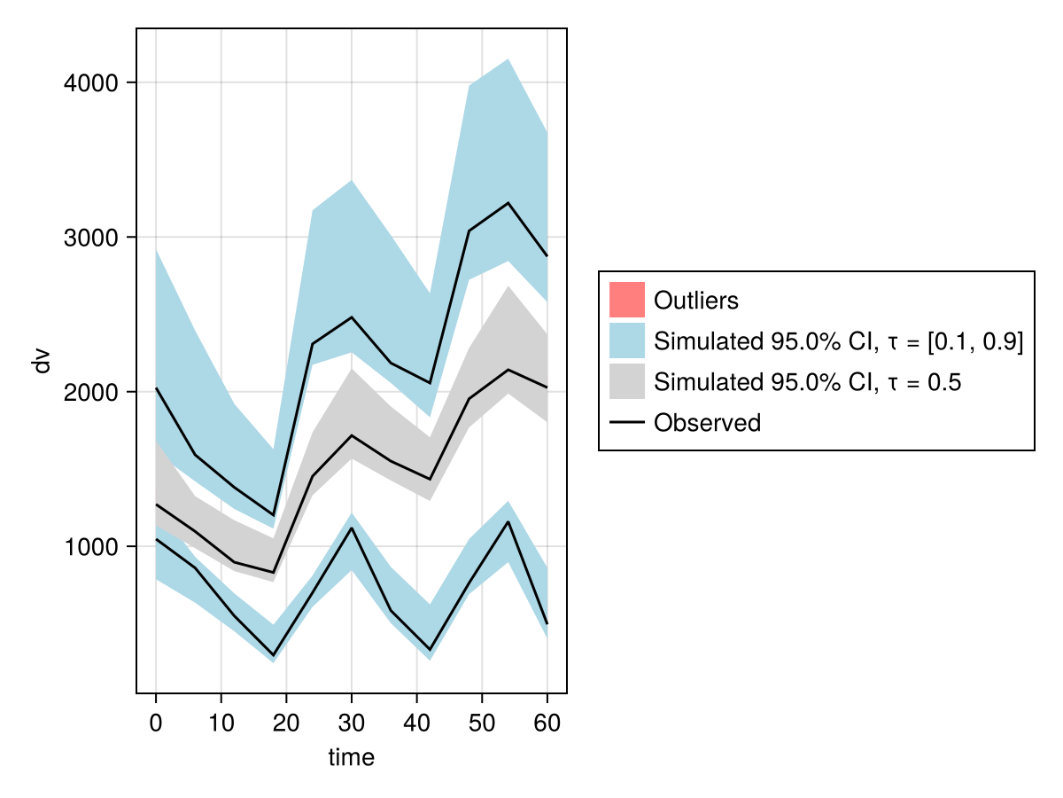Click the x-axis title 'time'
(x=352, y=757)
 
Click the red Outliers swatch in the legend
(x=626, y=300)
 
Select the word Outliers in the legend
(x=695, y=301)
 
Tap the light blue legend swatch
(x=626, y=340)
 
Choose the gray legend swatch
(x=626, y=382)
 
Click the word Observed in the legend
(x=707, y=423)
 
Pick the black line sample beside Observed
(x=626, y=423)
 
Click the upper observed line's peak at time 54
(x=508, y=203)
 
